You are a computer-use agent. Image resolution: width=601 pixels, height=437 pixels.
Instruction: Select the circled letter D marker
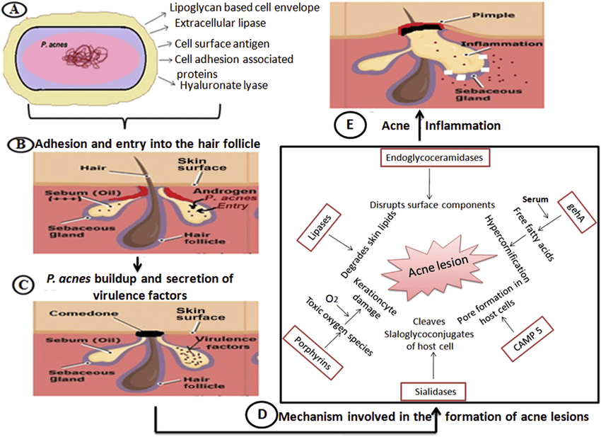(261, 416)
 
